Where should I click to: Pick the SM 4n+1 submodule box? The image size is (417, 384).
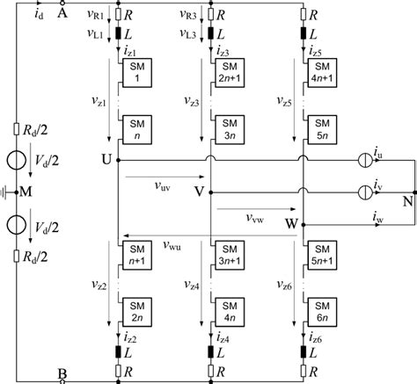coord(321,76)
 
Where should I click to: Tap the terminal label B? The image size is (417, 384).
coord(62,373)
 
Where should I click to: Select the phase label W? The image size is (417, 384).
coord(291,224)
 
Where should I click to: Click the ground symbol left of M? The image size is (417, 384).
coord(8,189)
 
